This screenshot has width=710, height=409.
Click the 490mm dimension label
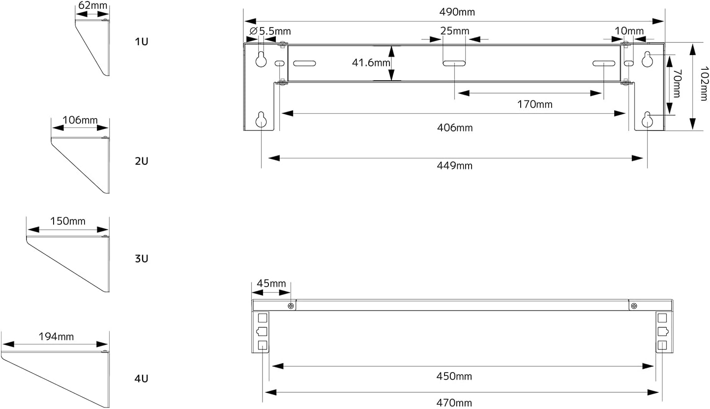tap(457, 12)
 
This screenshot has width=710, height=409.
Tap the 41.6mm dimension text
tap(371, 63)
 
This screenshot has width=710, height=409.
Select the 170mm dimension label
tap(535, 104)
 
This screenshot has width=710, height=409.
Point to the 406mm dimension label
tap(455, 127)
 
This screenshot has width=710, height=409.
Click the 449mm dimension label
tap(455, 166)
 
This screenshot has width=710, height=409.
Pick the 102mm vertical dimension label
tap(704, 84)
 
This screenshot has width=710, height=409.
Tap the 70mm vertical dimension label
tap(676, 84)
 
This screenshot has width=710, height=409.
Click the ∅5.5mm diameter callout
tap(270, 31)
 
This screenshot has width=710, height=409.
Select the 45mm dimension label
tap(271, 283)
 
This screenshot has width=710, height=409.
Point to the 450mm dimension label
tap(454, 376)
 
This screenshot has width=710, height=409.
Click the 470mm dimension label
tap(454, 403)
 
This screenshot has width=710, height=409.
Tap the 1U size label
tap(142, 41)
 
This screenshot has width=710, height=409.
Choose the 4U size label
tap(142, 378)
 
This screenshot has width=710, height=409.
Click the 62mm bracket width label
tap(92, 5)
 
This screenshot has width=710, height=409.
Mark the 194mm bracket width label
tap(56, 336)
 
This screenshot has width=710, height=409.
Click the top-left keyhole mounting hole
tap(261, 59)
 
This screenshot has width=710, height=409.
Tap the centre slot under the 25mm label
tap(454, 63)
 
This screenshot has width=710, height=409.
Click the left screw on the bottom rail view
tap(291, 306)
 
